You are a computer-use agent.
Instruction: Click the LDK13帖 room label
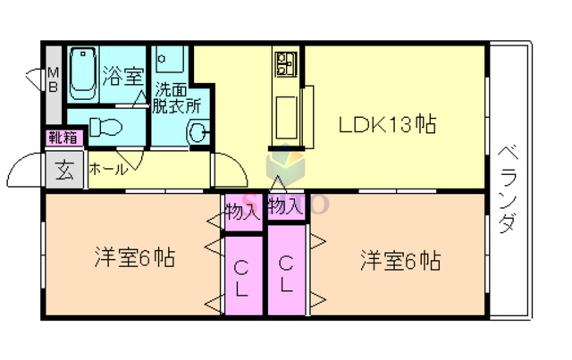coord(386,126)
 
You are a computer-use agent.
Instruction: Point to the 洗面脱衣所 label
coord(177,96)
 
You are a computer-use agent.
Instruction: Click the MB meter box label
coord(54,80)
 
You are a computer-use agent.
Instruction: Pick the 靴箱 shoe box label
coord(63,138)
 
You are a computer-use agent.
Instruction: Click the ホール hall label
coord(107,168)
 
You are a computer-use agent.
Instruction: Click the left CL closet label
coord(242,276)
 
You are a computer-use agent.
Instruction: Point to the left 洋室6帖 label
coord(134,260)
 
